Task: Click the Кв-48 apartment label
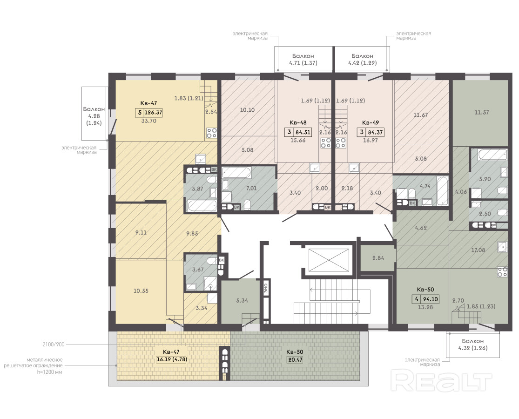point(298,122)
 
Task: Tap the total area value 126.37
point(153,113)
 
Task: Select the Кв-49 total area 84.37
point(375,132)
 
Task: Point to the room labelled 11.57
point(482,113)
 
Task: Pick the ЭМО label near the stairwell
point(266,288)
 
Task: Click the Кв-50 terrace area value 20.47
point(295,359)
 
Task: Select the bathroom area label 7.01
point(251,189)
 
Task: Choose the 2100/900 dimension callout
point(53,345)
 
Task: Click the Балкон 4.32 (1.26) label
point(472,345)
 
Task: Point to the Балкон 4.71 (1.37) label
point(303,60)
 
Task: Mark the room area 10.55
point(141,291)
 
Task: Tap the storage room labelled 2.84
point(378,258)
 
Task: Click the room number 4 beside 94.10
point(417,299)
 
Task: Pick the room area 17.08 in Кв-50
point(478,250)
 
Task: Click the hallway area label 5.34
point(242,300)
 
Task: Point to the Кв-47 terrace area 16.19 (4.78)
point(171,359)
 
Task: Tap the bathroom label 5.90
point(485,179)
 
